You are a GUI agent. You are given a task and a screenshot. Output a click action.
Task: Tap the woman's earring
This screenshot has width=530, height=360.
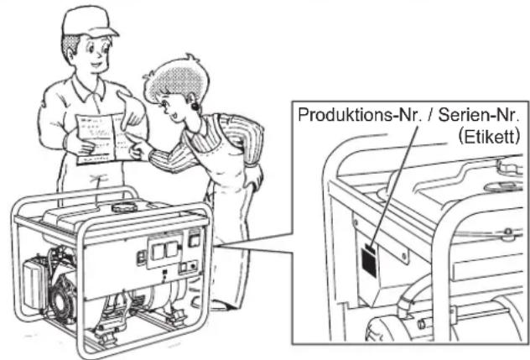click(195, 106)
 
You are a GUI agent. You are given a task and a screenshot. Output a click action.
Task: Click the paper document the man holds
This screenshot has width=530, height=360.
click(99, 138)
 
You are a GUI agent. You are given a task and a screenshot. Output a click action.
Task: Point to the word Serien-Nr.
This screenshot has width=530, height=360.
click(478, 115)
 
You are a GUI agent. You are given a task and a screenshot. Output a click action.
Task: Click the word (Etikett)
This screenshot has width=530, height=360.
click(489, 136)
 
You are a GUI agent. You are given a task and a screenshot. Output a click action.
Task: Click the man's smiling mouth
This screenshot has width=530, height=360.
click(96, 65)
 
